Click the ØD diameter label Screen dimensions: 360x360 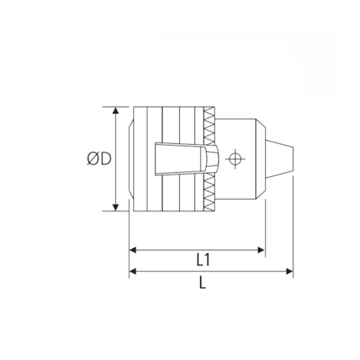[x=99, y=159]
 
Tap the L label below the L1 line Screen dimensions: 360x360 [x=203, y=284]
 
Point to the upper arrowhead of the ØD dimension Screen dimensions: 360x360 [x=117, y=110]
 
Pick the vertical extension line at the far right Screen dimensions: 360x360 [x=293, y=227]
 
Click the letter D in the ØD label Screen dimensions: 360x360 [x=105, y=159]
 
